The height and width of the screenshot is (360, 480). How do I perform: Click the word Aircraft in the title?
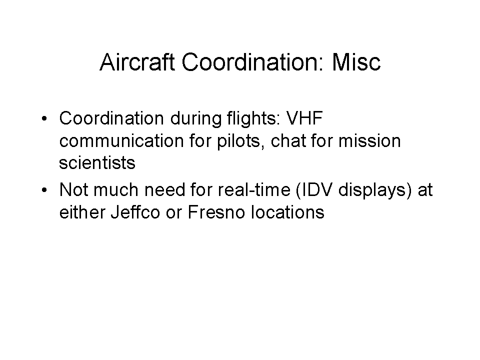click(137, 62)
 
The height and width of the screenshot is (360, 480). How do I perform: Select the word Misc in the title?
click(356, 62)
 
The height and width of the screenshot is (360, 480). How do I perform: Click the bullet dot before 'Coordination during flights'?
click(44, 118)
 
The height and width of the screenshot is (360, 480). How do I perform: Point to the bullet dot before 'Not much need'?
click(44, 190)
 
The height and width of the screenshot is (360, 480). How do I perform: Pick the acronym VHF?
click(304, 118)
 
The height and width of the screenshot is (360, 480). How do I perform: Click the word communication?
click(121, 141)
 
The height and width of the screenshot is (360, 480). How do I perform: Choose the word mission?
click(369, 141)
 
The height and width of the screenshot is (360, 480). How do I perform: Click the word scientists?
click(97, 163)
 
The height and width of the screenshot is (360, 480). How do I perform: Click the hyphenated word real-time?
click(254, 190)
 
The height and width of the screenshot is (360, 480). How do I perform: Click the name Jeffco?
click(135, 212)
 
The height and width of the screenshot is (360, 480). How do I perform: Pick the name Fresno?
click(216, 212)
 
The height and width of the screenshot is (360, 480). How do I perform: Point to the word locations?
click(287, 212)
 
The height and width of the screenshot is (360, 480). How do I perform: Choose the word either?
click(82, 212)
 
